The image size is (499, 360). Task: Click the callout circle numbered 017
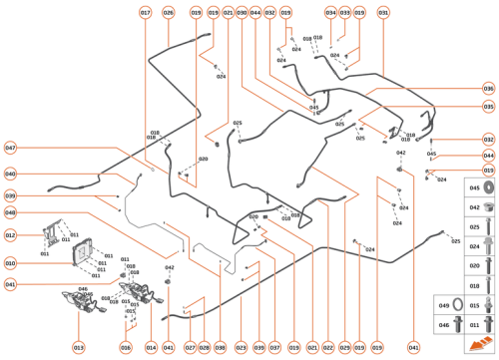146,13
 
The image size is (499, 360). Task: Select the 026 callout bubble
168,13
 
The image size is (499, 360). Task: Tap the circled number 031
384,13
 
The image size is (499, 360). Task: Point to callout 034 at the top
330,13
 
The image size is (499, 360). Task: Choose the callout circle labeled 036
488,89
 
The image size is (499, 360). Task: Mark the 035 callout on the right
488,107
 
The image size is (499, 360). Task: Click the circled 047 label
10,148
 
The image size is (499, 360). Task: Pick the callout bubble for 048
10,213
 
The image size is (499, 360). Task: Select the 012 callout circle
10,236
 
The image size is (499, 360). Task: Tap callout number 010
10,264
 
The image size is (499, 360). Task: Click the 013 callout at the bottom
78,347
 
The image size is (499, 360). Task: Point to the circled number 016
126,347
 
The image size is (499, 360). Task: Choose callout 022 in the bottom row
328,347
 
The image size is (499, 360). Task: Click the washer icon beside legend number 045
475,188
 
